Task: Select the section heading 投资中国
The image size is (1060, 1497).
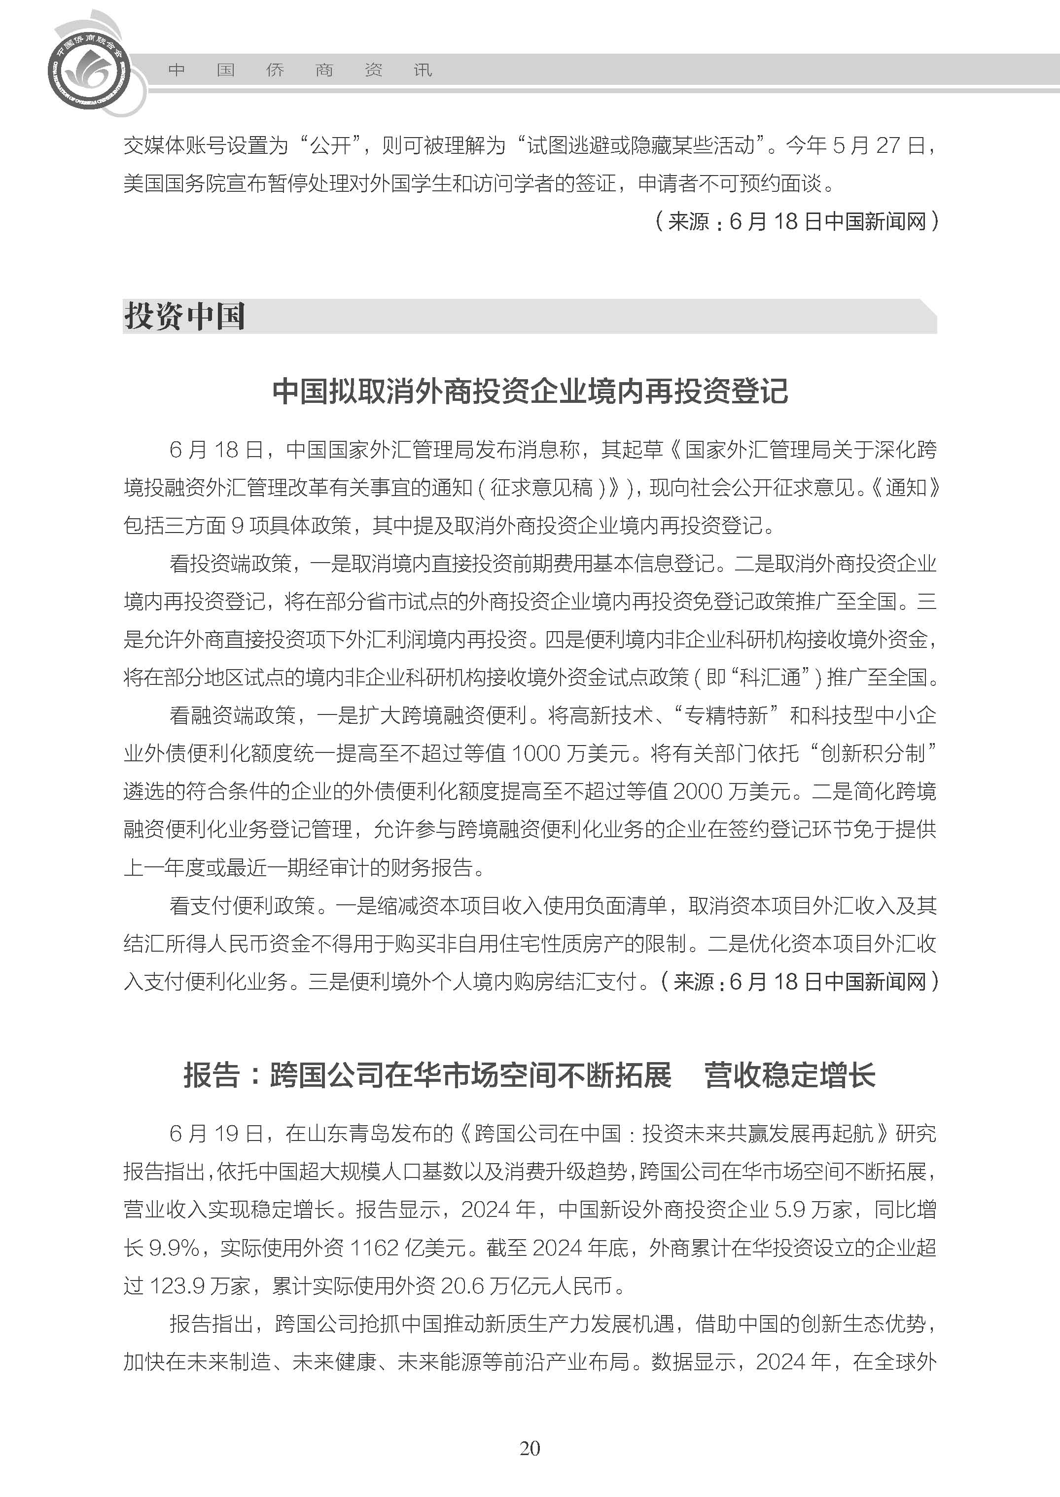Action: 185,317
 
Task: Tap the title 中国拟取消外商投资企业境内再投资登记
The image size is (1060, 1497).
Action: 530,391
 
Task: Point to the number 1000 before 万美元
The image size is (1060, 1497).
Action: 536,753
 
